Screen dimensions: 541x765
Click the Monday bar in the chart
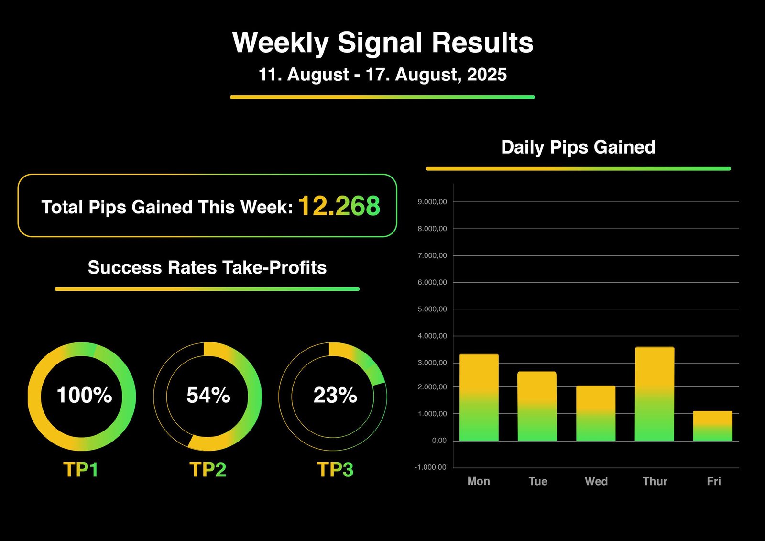pos(479,397)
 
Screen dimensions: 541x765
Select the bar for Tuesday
pos(537,406)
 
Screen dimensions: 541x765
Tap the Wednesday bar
pos(595,413)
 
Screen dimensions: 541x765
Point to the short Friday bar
pos(712,426)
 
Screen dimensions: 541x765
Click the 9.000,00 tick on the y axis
pos(432,202)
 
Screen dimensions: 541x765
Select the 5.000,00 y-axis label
pos(432,309)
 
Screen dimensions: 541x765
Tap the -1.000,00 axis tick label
pos(430,467)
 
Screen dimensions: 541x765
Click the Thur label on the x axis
pos(655,481)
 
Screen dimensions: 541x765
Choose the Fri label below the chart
pos(713,481)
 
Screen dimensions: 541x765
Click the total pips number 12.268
pos(339,206)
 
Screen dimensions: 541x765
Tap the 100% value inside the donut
pos(84,396)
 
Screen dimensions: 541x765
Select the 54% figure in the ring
pos(208,396)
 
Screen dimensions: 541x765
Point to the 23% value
pos(335,396)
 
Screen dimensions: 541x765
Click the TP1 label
pos(81,470)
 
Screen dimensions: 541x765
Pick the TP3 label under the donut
pos(335,470)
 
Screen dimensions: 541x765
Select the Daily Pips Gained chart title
pos(578,147)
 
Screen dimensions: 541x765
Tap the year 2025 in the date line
pos(487,75)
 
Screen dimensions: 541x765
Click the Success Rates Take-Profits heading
pos(207,267)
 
